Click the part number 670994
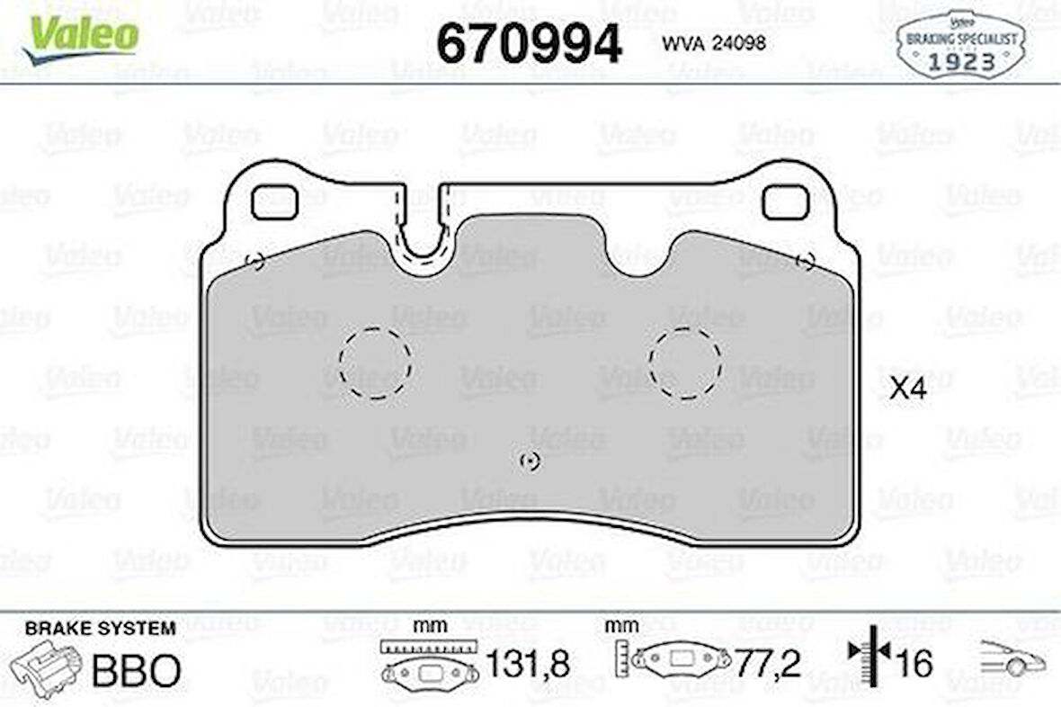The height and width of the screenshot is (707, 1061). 529,43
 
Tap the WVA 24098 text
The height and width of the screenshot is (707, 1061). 714,43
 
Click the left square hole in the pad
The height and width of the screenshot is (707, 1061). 274,203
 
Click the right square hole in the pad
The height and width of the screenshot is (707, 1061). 785,203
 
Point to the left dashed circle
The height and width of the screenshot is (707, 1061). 375,362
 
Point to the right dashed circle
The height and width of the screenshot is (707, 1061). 684,362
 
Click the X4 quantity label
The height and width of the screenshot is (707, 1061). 907,389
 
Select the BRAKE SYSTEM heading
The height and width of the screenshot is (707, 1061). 100,629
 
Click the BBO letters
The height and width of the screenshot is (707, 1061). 138,669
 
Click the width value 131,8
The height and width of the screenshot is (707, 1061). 527,666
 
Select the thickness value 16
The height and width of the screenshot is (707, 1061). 914,666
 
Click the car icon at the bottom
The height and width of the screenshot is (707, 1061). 1012,661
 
